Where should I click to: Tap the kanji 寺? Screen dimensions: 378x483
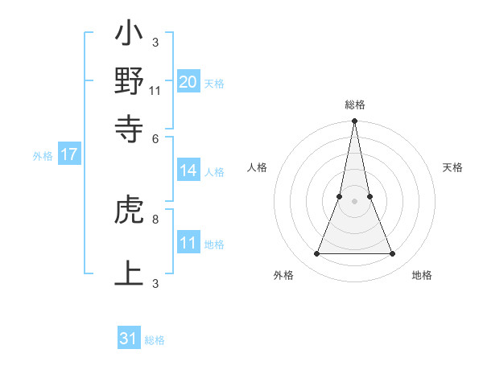click(129, 127)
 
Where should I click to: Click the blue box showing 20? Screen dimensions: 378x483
click(188, 81)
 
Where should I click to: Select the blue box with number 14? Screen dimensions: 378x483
click(188, 170)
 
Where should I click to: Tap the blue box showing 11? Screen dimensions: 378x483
click(188, 243)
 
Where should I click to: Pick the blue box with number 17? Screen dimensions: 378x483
click(69, 155)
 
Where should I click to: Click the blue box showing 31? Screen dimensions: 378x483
click(129, 339)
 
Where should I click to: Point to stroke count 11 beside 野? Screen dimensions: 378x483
click(155, 90)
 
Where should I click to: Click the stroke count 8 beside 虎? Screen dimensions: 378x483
click(155, 218)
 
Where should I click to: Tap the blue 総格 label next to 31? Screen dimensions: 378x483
click(155, 341)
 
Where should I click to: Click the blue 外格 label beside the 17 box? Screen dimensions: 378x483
click(43, 156)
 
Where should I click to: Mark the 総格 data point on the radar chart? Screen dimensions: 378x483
click(354, 121)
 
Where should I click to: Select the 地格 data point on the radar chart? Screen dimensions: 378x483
click(393, 254)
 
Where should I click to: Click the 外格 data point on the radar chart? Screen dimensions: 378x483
click(316, 254)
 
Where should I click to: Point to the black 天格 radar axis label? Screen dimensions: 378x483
click(453, 167)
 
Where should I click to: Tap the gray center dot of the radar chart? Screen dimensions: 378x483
click(354, 201)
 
